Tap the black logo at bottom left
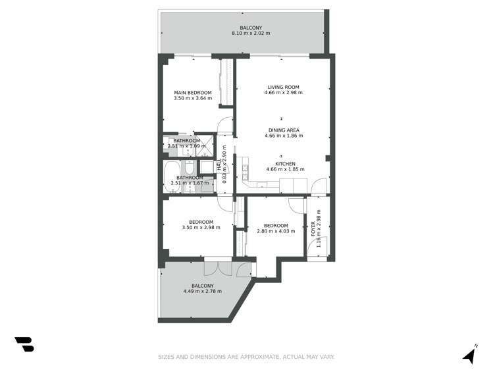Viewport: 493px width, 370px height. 24,344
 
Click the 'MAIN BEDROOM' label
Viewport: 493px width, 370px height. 193,92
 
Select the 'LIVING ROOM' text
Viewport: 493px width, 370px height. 284,87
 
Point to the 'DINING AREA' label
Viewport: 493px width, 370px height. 284,130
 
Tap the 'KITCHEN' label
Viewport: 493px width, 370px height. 285,164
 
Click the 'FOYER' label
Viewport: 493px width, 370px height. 313,229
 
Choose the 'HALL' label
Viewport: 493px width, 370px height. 219,167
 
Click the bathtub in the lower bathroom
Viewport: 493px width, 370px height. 172,177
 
